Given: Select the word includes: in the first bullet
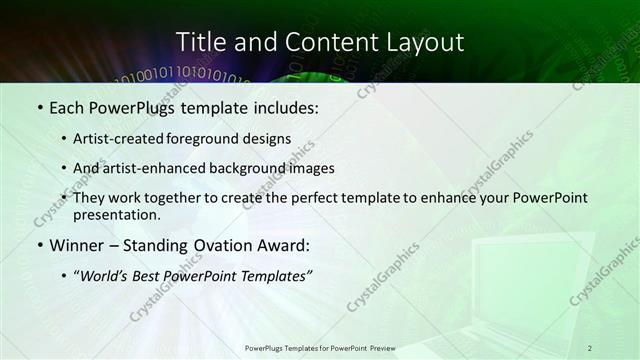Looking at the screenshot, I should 285,106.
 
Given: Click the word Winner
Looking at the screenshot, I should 76,245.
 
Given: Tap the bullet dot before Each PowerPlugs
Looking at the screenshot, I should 39,107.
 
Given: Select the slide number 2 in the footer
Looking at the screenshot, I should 590,348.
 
